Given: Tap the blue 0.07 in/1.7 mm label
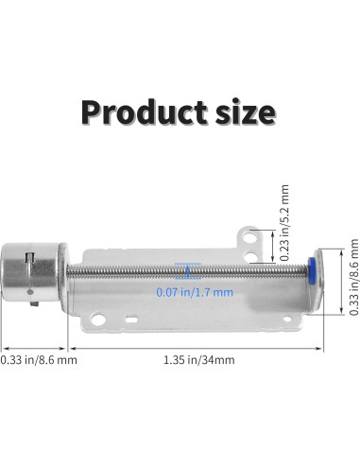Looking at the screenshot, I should [x=194, y=293].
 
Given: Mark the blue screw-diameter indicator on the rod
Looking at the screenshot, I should [x=188, y=271].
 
